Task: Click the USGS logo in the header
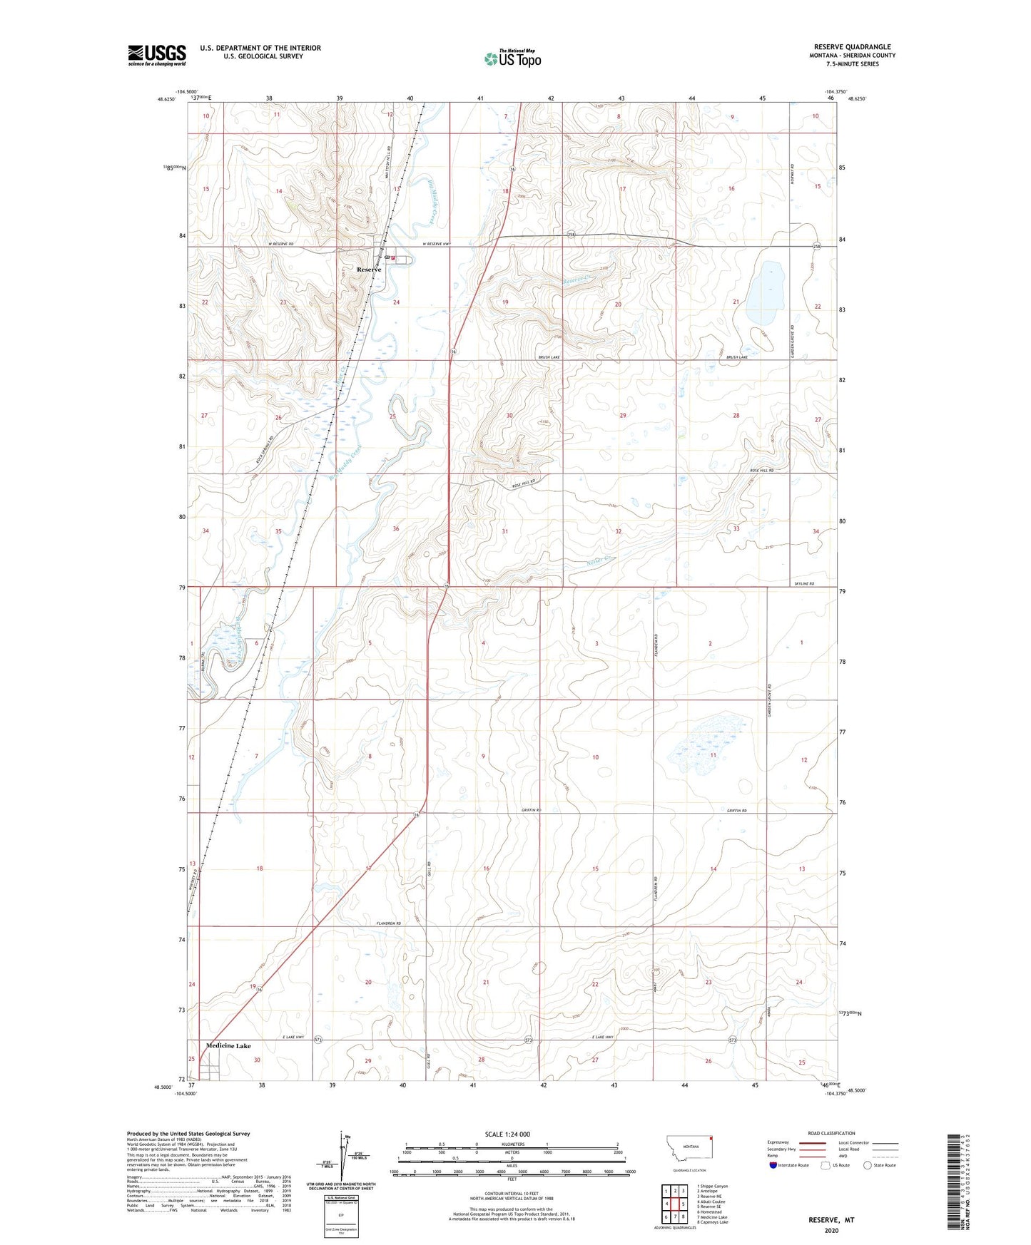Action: point(156,55)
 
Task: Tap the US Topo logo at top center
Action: point(512,58)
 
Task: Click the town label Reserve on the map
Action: point(369,270)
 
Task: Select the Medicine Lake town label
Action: point(228,1046)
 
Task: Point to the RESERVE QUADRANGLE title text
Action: point(852,47)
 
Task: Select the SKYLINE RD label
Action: point(804,584)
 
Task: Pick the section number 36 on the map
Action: point(396,528)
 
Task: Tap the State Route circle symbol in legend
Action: point(868,1165)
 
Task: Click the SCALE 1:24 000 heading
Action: point(507,1134)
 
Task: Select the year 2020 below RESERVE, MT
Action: point(831,1230)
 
